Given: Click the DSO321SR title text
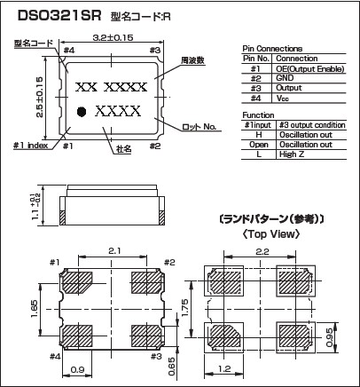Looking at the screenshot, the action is tap(59, 15).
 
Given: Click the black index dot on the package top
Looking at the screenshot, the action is tap(82, 112).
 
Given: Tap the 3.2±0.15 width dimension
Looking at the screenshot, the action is tap(113, 37).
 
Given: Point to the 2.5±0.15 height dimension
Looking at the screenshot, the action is tap(40, 97).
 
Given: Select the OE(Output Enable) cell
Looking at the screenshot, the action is tap(310, 69).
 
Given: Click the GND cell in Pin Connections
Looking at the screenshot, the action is tap(285, 78).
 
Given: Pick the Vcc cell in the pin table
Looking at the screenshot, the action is tap(282, 99).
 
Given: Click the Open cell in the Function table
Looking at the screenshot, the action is tap(259, 145).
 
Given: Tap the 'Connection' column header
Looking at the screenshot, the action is tap(297, 59).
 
